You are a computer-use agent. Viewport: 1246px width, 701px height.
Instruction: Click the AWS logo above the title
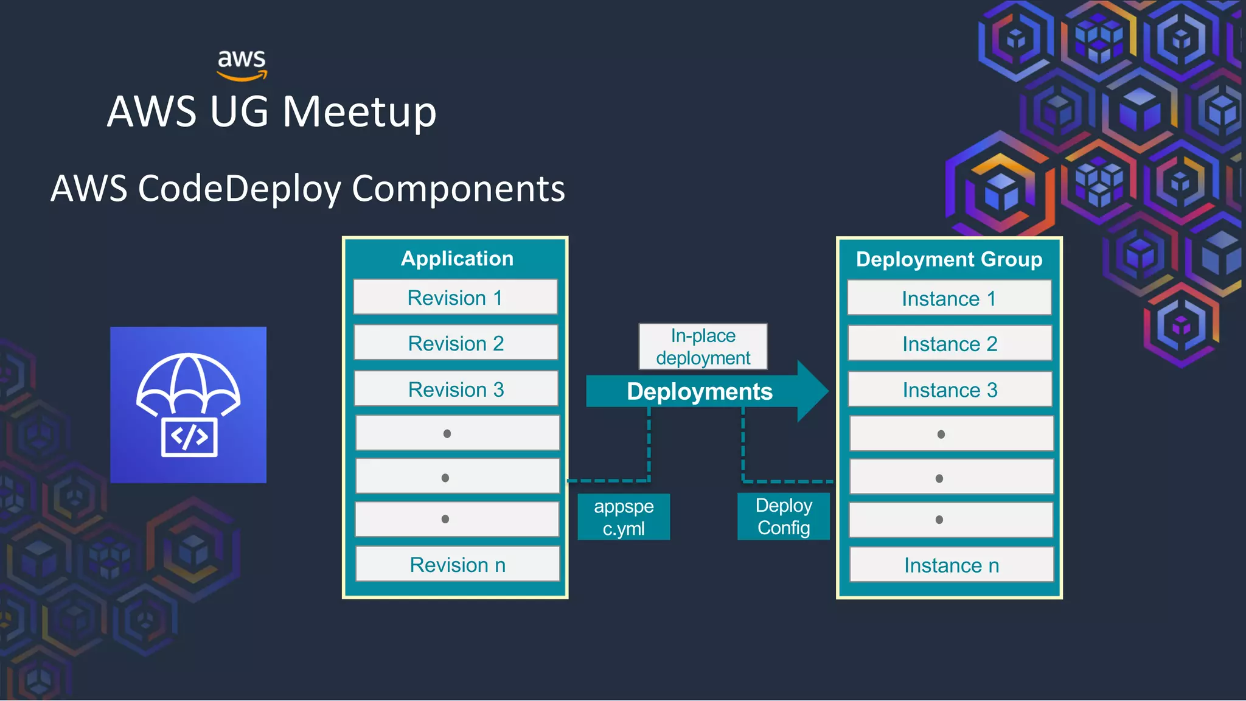click(x=242, y=65)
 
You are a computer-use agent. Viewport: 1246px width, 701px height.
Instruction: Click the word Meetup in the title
click(x=359, y=112)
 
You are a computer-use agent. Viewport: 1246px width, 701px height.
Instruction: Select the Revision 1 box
click(x=455, y=298)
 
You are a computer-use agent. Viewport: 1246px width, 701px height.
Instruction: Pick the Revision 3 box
click(x=456, y=389)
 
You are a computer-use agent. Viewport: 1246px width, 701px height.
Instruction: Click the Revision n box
click(x=458, y=565)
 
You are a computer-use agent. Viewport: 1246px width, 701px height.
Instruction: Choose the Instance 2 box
click(x=950, y=344)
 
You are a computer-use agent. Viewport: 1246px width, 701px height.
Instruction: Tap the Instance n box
click(x=952, y=565)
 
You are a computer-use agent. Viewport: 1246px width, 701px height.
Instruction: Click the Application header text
click(x=457, y=259)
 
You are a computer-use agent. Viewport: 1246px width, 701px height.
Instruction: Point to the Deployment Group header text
click(x=949, y=260)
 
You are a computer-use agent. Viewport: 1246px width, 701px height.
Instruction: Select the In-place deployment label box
click(x=703, y=347)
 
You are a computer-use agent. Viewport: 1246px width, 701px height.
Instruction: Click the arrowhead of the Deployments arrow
click(x=813, y=391)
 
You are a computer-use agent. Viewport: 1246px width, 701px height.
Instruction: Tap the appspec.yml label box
click(x=624, y=517)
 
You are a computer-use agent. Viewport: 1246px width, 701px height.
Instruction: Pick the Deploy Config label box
click(x=784, y=517)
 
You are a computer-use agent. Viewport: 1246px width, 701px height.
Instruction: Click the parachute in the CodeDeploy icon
click(x=188, y=382)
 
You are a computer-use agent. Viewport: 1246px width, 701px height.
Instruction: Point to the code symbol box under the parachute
click(x=189, y=437)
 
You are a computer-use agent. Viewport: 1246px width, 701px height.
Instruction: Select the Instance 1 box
click(x=949, y=298)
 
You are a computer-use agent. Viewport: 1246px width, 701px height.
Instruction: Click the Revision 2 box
click(x=456, y=343)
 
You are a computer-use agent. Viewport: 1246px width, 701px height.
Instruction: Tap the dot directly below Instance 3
click(x=941, y=434)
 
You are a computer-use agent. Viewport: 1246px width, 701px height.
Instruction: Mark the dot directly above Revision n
click(x=445, y=519)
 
